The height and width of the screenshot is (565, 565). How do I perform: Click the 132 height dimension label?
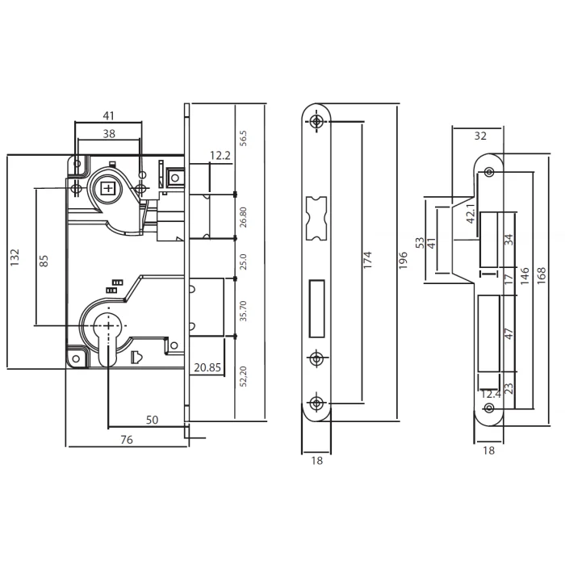pos(15,257)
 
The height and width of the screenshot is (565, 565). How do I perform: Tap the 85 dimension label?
pos(44,261)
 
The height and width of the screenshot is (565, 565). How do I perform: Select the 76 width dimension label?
pos(127,440)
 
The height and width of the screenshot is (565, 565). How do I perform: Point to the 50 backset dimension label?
pos(152,420)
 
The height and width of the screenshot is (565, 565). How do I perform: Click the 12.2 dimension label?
pos(220,156)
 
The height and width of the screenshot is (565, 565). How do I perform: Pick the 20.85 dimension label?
pos(207,367)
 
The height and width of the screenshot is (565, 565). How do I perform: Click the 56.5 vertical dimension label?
pos(243,138)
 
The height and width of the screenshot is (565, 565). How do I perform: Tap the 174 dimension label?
pos(366,260)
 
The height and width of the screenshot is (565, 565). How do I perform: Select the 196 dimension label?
pos(403,260)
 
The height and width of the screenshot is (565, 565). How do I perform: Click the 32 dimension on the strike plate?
pos(480,136)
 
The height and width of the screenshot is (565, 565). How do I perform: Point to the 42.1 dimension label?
pos(471,214)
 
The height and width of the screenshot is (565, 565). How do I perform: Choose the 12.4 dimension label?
pos(491,394)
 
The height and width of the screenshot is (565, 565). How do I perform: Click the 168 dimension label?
pos(541,276)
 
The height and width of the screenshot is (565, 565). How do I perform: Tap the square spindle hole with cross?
pos(107,188)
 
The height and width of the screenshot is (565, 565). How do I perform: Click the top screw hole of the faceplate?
pos(316,121)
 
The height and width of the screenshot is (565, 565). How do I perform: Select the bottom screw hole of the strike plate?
pos(489,408)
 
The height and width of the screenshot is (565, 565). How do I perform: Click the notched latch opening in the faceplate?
pos(316,219)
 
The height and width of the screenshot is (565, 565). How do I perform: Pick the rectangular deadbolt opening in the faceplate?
pos(316,308)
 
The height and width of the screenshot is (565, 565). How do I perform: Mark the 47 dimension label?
pos(508,333)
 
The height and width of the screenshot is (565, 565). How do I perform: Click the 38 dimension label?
pos(109,134)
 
